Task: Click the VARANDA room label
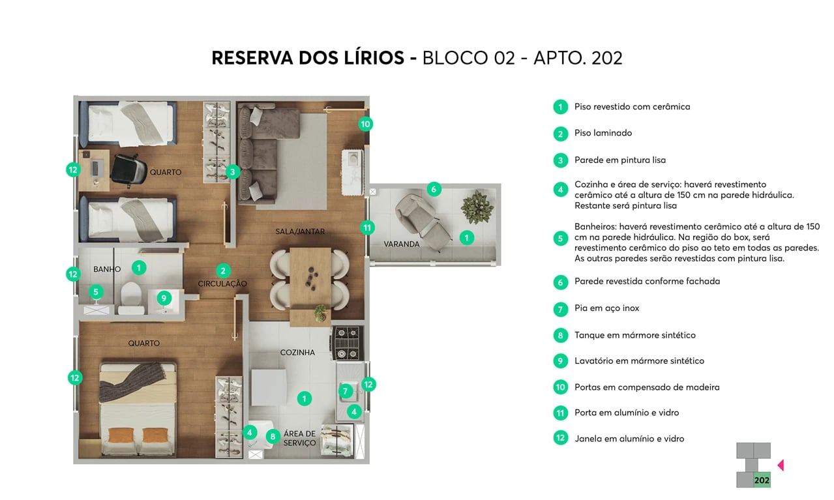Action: click(x=401, y=244)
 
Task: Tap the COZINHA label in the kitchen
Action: click(x=297, y=353)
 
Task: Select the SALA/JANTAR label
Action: click(x=299, y=231)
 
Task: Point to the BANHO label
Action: click(x=107, y=269)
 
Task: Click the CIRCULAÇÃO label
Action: click(x=222, y=284)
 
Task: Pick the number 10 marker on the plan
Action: click(x=365, y=124)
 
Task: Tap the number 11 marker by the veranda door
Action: click(x=368, y=228)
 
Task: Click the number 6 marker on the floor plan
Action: click(x=434, y=190)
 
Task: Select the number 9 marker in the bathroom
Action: click(x=164, y=299)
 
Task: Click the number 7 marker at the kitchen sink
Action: click(x=346, y=391)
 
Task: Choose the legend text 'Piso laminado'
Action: click(x=603, y=133)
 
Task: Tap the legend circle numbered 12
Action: click(x=560, y=438)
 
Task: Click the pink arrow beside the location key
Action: click(x=781, y=465)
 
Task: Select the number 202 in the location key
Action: click(x=761, y=480)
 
